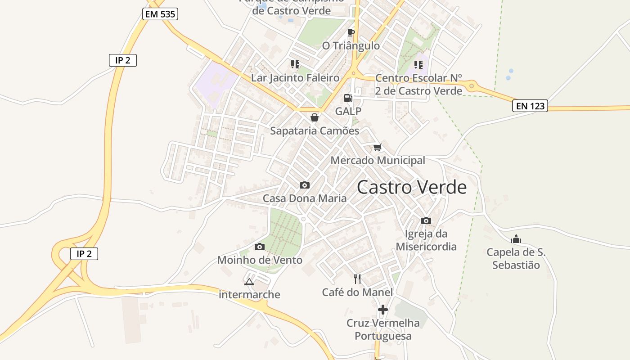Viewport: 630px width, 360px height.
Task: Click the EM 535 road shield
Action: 161,14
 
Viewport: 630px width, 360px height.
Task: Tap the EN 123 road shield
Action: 530,106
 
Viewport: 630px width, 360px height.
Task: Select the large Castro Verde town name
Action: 412,187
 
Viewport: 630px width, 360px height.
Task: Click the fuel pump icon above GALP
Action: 348,98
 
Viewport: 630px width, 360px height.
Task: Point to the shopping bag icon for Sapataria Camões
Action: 315,117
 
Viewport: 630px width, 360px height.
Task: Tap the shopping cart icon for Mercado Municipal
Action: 378,147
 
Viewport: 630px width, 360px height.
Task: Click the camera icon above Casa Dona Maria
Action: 305,185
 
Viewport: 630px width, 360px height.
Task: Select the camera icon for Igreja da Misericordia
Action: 426,220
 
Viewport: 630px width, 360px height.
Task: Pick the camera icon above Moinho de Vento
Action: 260,247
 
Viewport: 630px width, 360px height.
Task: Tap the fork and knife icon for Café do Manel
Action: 357,279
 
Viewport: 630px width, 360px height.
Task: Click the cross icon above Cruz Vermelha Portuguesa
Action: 383,310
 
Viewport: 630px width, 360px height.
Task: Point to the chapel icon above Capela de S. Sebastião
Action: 516,239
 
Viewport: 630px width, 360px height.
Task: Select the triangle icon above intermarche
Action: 249,282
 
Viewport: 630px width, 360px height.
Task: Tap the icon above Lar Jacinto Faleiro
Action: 295,64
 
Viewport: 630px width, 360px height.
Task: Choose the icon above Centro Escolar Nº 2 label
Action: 418,65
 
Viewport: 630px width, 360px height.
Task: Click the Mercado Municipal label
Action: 378,161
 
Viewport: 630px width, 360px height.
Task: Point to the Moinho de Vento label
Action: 260,260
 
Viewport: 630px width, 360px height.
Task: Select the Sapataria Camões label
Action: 315,131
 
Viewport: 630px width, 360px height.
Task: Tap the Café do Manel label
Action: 357,292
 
